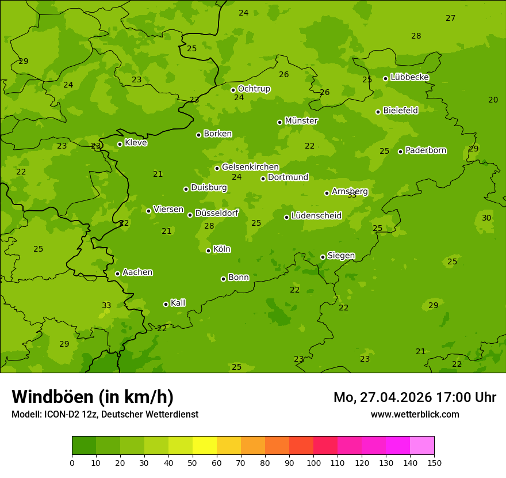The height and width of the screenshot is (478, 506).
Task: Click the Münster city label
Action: click(x=301, y=121)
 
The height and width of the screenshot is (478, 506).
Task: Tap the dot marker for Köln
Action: click(x=208, y=251)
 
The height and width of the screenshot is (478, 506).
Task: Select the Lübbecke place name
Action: click(x=409, y=77)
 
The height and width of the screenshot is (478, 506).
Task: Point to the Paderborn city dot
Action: click(x=400, y=151)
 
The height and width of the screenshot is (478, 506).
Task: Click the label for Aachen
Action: click(x=137, y=272)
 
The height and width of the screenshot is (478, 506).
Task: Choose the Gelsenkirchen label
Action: click(x=250, y=167)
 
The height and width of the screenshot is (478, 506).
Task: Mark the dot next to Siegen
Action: click(x=323, y=257)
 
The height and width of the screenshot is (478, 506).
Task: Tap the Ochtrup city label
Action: click(x=254, y=89)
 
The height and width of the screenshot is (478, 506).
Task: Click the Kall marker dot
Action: click(x=166, y=304)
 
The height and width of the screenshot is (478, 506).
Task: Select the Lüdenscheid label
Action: click(x=316, y=216)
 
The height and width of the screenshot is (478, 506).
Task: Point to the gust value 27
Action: click(x=450, y=18)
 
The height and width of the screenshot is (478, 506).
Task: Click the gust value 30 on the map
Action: click(x=486, y=218)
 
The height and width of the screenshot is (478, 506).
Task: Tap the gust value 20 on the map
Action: click(x=493, y=100)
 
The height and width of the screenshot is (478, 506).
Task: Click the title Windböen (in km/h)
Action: click(x=93, y=397)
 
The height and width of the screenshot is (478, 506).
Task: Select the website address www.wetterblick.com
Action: click(x=415, y=414)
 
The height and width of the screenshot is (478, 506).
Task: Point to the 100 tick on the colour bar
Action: click(x=313, y=462)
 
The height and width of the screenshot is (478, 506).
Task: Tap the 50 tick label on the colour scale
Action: click(x=193, y=462)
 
